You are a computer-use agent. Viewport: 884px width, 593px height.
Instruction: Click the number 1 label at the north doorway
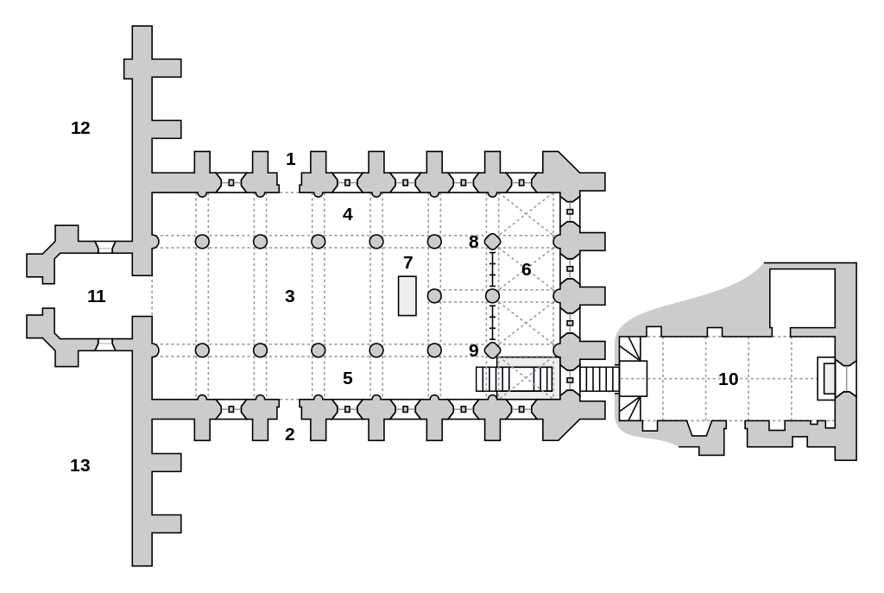coord(291,160)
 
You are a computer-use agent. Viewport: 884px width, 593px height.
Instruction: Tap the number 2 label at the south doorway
coord(290,435)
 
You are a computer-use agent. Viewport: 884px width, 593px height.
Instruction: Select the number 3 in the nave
coord(290,297)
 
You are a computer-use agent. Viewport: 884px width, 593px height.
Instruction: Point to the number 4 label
coord(348,214)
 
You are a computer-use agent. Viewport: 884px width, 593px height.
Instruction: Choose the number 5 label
coord(348,379)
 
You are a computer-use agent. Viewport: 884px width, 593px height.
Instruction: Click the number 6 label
coord(527,270)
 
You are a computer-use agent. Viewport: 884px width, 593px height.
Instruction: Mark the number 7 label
coord(408,262)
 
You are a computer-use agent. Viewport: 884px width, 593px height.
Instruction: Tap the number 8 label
coord(474,243)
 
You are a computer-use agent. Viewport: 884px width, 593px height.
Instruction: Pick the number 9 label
coord(474,350)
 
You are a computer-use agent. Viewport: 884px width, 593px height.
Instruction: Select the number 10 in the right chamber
coord(729,379)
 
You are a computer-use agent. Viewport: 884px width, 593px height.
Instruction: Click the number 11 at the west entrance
coord(97,297)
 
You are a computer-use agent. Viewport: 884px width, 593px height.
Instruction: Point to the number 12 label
coord(80,129)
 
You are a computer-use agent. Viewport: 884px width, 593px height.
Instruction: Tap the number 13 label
coord(80,466)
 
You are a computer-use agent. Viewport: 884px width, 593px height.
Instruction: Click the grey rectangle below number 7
coord(407,296)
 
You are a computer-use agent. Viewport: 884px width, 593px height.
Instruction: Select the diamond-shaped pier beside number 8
coord(493,242)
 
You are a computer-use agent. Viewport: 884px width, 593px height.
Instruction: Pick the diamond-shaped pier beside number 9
coord(493,350)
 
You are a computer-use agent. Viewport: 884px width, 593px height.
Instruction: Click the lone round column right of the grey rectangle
coord(434,296)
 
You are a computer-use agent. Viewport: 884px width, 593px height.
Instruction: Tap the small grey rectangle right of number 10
coord(830,378)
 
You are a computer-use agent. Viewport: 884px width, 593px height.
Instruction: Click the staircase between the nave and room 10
coord(599,379)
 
